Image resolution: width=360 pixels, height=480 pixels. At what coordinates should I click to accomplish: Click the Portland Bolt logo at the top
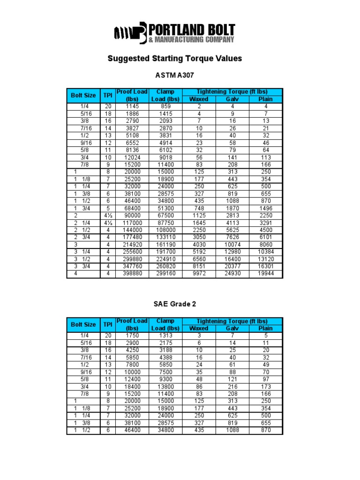click(x=175, y=33)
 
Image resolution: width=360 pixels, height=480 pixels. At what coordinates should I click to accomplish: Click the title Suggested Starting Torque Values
click(x=175, y=59)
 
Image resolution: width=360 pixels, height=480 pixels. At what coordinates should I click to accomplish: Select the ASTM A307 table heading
click(x=174, y=75)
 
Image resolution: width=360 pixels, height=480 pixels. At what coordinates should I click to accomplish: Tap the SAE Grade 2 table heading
click(x=175, y=304)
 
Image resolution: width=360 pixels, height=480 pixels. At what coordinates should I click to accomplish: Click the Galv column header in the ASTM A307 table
click(x=232, y=99)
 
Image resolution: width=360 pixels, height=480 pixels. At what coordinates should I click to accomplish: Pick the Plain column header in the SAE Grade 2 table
click(x=265, y=329)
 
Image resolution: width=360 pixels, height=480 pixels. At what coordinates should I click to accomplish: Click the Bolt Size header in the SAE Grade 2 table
click(x=83, y=325)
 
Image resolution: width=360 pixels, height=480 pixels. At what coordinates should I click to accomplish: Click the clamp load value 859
click(x=165, y=106)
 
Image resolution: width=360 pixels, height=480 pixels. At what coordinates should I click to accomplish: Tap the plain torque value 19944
click(x=265, y=274)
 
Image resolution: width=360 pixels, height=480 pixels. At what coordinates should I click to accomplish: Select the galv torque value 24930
click(x=232, y=274)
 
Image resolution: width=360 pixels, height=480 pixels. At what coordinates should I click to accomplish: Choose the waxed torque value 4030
click(x=199, y=244)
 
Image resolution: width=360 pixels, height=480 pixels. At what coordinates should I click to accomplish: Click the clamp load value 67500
click(x=165, y=215)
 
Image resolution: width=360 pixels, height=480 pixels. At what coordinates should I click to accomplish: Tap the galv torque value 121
click(x=232, y=379)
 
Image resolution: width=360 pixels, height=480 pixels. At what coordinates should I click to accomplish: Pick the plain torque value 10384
click(x=265, y=252)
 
